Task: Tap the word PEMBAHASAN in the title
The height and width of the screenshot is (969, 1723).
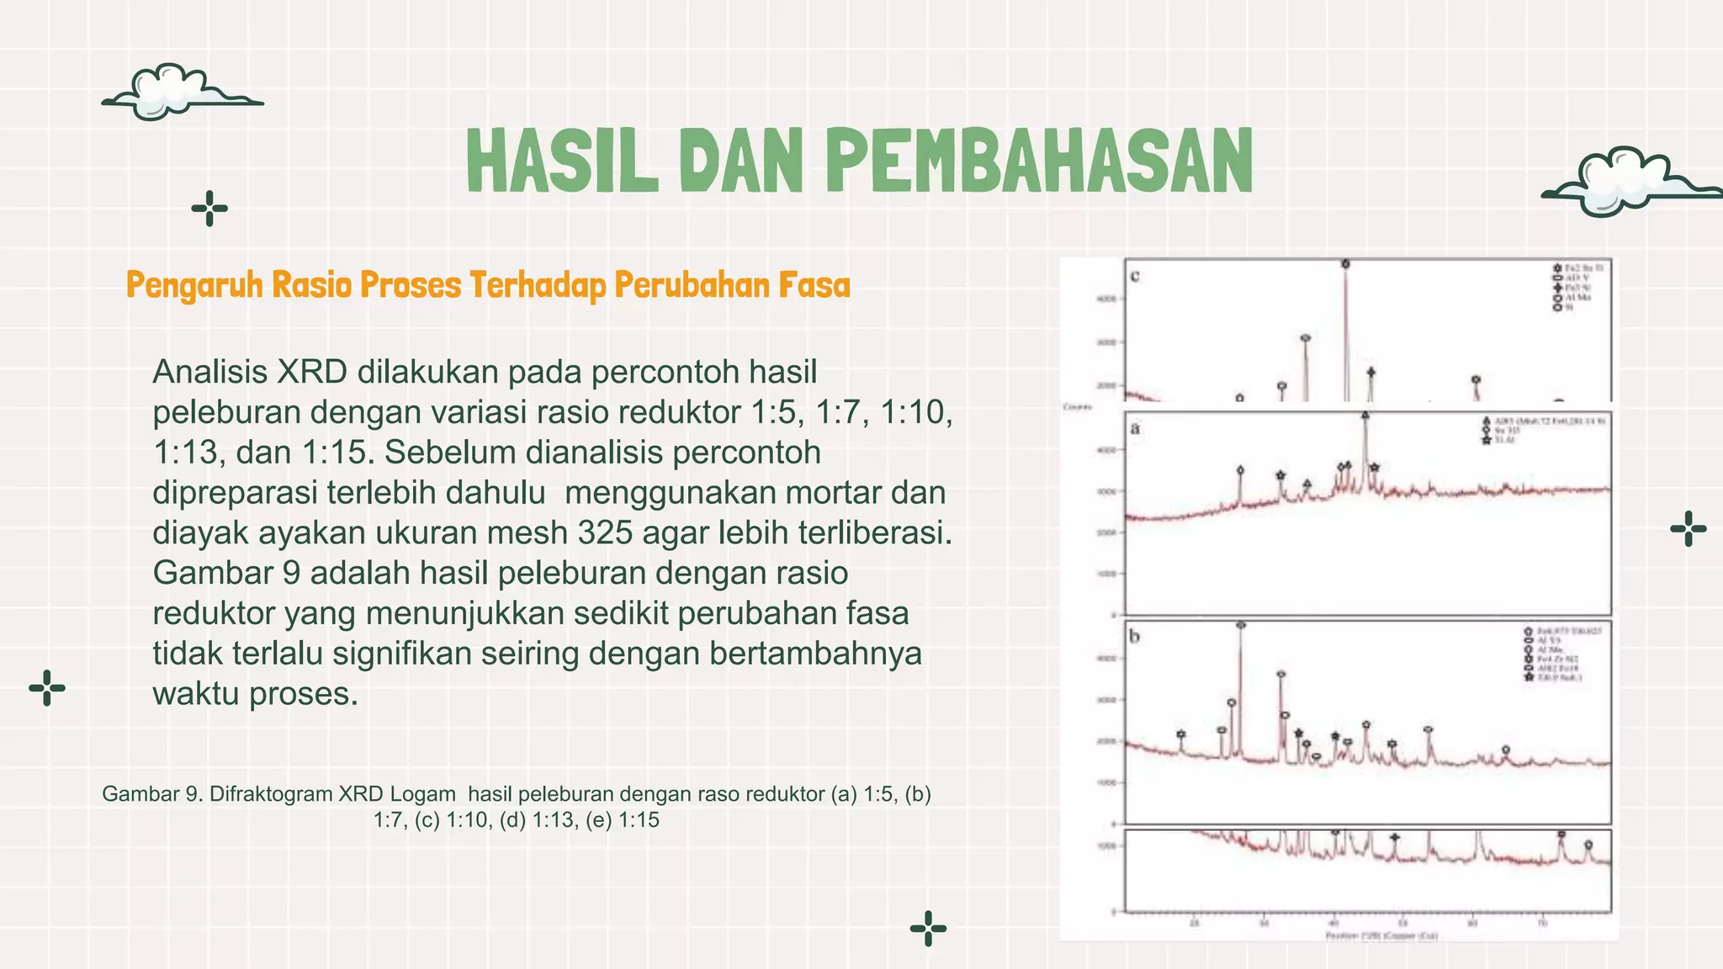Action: [1040, 161]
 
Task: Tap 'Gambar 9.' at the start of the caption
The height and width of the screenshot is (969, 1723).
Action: [152, 794]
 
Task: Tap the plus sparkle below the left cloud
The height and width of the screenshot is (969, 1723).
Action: [209, 209]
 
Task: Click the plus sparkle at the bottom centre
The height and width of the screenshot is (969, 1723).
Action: [928, 929]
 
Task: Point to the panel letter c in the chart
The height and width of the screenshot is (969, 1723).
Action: [1135, 276]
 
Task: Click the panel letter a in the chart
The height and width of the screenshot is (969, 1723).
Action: [1135, 428]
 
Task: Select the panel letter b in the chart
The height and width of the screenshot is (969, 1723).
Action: [1135, 637]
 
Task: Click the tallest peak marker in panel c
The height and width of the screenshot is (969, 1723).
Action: [1345, 264]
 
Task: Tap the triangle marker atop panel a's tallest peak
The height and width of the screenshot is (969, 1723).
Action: [1365, 415]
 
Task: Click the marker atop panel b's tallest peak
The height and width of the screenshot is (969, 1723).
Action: [1241, 625]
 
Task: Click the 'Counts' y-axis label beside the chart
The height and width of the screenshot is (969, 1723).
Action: [1078, 407]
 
